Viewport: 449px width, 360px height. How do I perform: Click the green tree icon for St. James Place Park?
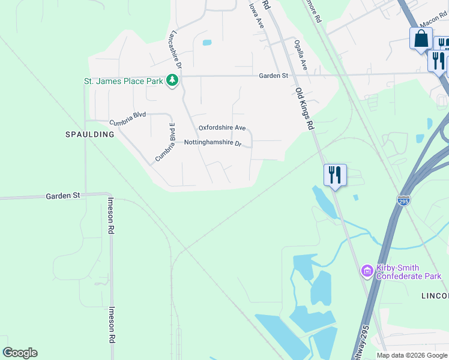point(172,80)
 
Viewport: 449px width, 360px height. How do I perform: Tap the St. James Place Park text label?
point(124,81)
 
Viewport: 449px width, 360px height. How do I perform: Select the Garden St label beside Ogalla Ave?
point(274,76)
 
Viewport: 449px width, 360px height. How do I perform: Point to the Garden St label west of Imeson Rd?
point(63,196)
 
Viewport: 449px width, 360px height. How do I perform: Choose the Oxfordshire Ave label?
point(222,128)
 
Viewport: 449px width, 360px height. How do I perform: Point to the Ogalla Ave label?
point(300,55)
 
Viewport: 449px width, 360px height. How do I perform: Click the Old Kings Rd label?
point(305,108)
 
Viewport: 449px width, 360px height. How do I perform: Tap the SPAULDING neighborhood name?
point(89,134)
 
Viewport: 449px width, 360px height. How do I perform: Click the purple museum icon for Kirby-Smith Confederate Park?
point(367,272)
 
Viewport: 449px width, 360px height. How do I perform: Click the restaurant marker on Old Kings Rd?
point(335,175)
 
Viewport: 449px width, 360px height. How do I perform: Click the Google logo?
point(20,353)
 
